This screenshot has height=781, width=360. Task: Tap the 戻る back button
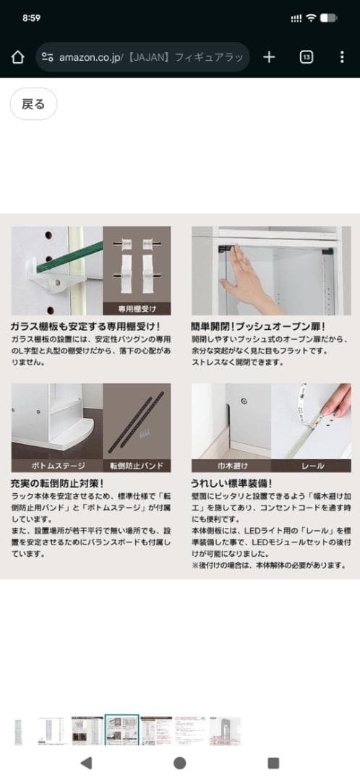pyautogui.click(x=33, y=104)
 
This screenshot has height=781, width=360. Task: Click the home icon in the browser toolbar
pyautogui.click(x=18, y=57)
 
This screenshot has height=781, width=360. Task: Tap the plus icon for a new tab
pyautogui.click(x=269, y=57)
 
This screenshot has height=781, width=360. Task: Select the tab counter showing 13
pyautogui.click(x=306, y=57)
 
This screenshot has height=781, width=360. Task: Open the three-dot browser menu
pyautogui.click(x=342, y=57)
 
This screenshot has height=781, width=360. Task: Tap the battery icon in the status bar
pyautogui.click(x=329, y=17)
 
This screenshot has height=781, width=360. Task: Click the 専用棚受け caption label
pyautogui.click(x=137, y=307)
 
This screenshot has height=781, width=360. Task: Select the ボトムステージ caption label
pyautogui.click(x=56, y=465)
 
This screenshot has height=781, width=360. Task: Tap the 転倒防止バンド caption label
pyautogui.click(x=137, y=465)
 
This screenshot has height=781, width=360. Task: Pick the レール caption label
pyautogui.click(x=312, y=465)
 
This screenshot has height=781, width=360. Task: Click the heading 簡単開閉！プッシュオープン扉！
pyautogui.click(x=258, y=326)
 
